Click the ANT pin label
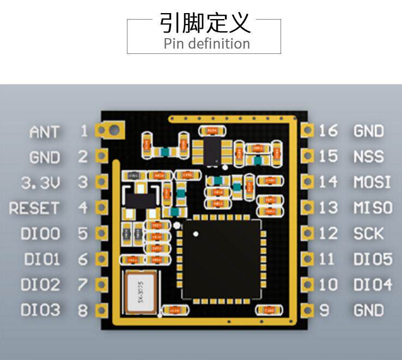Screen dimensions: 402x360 [x=45, y=132]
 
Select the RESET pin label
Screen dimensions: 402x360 [x=34, y=208]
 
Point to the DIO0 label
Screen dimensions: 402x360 [x=40, y=234]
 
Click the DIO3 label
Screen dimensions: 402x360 [x=40, y=310]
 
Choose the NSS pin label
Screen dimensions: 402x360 [x=369, y=157]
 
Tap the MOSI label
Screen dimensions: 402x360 [x=372, y=182]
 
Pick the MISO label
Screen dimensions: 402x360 [x=373, y=208]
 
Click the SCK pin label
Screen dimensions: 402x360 [x=369, y=234]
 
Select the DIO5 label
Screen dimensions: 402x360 [x=373, y=259]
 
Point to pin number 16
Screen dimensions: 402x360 [x=328, y=131]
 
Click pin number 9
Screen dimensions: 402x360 [x=325, y=310]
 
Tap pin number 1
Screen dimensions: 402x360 [x=83, y=131]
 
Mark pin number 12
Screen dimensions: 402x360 [x=328, y=234]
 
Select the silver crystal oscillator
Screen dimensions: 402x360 [x=141, y=292]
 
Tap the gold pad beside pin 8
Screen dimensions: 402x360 [x=101, y=310]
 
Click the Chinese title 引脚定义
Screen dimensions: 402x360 [x=205, y=23]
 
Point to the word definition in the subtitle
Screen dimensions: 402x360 [x=218, y=44]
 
